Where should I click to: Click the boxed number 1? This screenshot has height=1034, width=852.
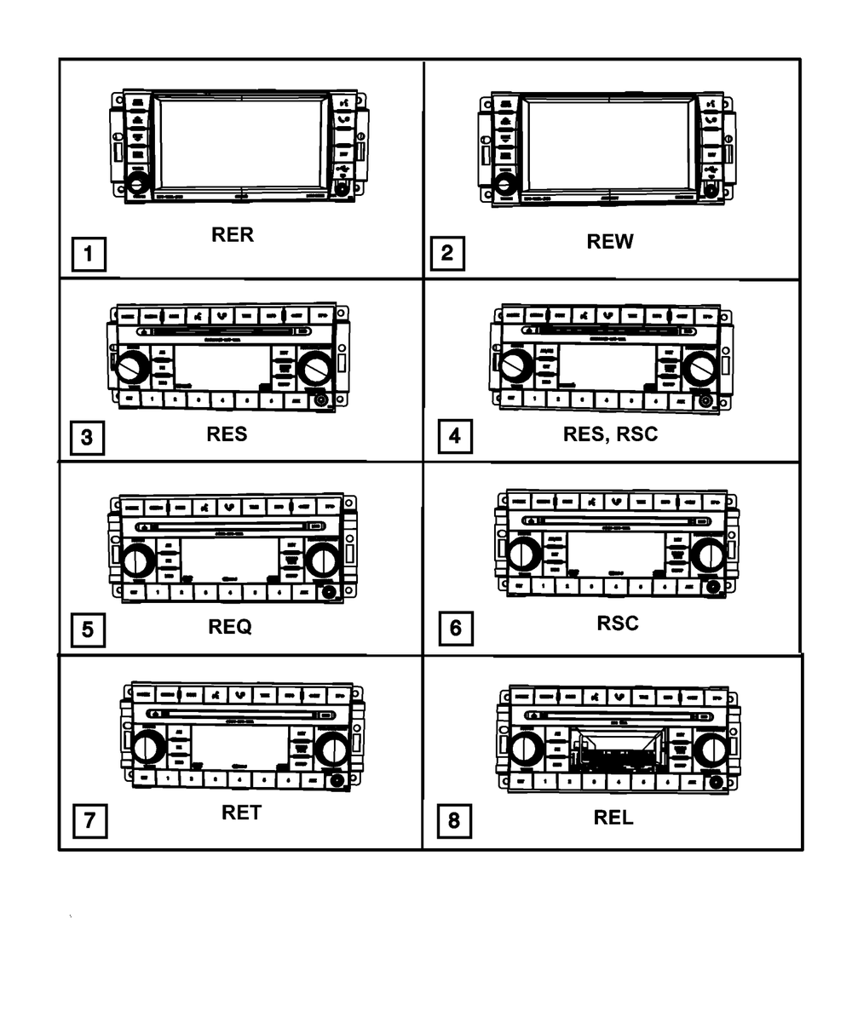coord(89,254)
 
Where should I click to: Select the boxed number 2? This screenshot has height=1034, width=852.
coord(448,253)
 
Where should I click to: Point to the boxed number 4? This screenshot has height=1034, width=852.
coord(454,437)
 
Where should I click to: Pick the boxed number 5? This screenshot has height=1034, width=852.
coord(88,631)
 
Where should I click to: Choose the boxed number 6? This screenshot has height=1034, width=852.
coord(455,629)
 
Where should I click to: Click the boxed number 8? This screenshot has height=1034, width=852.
coord(453,820)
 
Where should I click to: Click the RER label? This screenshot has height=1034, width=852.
coord(233,235)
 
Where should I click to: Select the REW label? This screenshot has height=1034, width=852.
coord(610,242)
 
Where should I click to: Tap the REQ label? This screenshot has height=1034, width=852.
coord(230,628)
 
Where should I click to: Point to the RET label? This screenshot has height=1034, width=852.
coord(241,813)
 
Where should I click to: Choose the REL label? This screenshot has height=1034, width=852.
coord(613,818)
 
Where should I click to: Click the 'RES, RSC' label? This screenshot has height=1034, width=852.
coord(610,434)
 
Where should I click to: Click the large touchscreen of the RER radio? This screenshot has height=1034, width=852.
coord(241,141)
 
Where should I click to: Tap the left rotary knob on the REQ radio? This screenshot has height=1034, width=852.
coord(139,561)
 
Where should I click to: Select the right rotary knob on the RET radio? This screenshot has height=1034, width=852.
coord(330,750)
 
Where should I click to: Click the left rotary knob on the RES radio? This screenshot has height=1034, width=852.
coord(133,368)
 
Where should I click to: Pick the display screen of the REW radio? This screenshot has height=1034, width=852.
coord(607,144)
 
